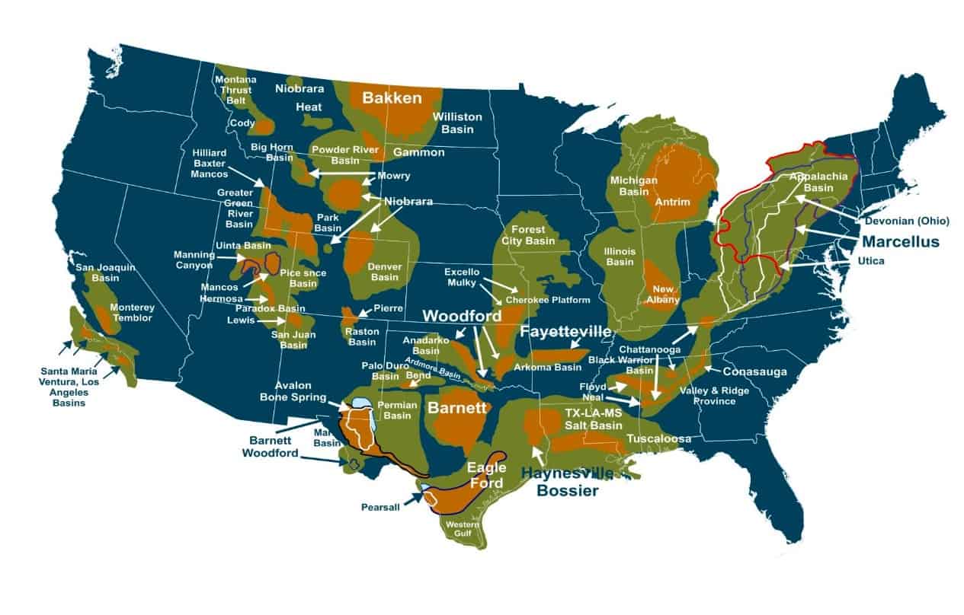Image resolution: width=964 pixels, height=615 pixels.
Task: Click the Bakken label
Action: (x=392, y=98)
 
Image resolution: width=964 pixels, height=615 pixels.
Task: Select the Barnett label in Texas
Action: (x=456, y=408)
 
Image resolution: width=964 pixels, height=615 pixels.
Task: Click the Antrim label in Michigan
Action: (x=672, y=202)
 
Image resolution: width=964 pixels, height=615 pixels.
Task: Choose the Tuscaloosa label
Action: (x=658, y=439)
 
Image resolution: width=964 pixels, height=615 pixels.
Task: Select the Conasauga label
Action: (x=754, y=371)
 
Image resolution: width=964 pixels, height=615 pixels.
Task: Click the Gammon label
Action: (x=418, y=152)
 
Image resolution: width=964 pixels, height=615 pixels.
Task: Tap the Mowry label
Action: (x=394, y=176)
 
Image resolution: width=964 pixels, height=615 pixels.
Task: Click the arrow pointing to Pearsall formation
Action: (x=415, y=499)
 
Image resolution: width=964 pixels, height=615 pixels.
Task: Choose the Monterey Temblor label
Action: (x=133, y=313)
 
